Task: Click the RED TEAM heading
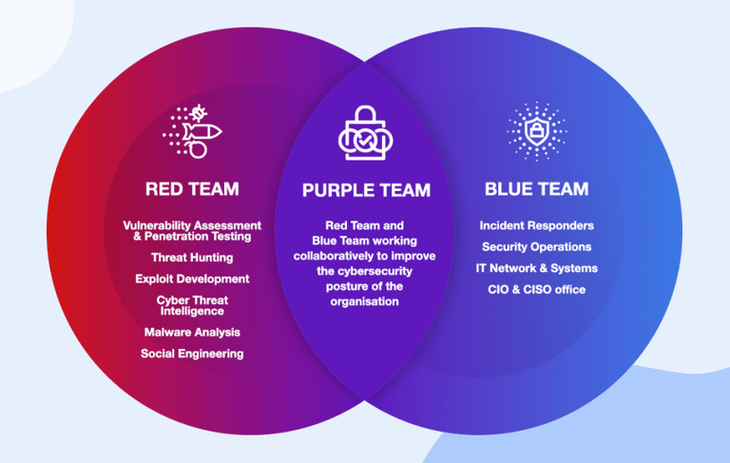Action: pos(192,188)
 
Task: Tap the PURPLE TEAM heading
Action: pos(366,190)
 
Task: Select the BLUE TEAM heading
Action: pos(536,188)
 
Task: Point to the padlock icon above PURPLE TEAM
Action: pos(365,134)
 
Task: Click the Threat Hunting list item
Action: pos(192,258)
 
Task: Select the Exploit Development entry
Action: pos(192,280)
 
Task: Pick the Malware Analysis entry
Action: pos(192,333)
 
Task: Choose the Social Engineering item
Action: pos(192,354)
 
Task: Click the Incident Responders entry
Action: pos(537,225)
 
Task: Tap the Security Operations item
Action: pos(537,247)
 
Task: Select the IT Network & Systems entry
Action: pos(537,268)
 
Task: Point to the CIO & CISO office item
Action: pos(537,289)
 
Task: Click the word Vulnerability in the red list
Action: pos(158,225)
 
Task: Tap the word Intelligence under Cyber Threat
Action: pos(192,311)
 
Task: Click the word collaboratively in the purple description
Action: pos(333,256)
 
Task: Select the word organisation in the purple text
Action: pos(365,301)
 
